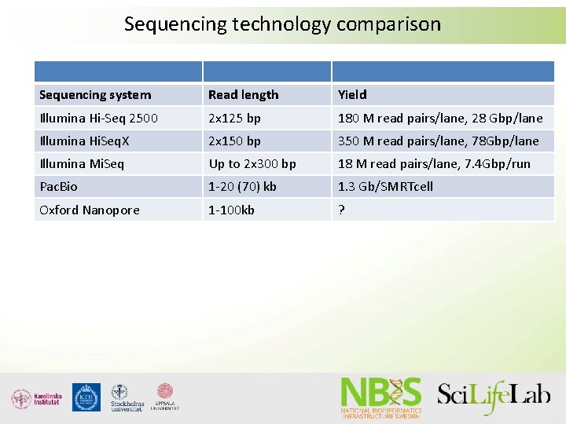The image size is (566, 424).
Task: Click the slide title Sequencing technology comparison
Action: pyautogui.click(x=282, y=24)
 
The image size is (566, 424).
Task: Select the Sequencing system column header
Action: pyautogui.click(x=95, y=95)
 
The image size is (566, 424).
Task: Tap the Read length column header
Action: pyautogui.click(x=243, y=95)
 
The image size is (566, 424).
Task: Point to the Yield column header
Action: pyautogui.click(x=352, y=95)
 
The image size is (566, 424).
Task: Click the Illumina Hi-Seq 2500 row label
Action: pyautogui.click(x=98, y=119)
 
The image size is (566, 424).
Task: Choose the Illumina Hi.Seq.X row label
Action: pyautogui.click(x=90, y=141)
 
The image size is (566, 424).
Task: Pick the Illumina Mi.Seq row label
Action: pyautogui.click(x=82, y=164)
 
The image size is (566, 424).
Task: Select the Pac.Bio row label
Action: pyautogui.click(x=58, y=187)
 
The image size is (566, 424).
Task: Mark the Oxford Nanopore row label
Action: pyautogui.click(x=89, y=210)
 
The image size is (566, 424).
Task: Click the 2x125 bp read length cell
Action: pyautogui.click(x=234, y=119)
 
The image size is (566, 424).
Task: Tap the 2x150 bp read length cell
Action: pyautogui.click(x=234, y=141)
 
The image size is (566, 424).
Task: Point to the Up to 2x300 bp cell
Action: pyautogui.click(x=252, y=164)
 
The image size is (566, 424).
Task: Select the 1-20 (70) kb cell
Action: pyautogui.click(x=243, y=187)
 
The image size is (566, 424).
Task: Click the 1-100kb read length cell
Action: pyautogui.click(x=231, y=210)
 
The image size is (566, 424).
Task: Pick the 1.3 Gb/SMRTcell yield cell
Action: pyautogui.click(x=385, y=187)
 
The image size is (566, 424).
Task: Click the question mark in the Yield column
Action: pyautogui.click(x=341, y=210)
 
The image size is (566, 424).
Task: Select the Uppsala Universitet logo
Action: pyautogui.click(x=165, y=397)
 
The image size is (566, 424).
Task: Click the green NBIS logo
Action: pyautogui.click(x=381, y=397)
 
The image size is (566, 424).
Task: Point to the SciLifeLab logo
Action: pyautogui.click(x=494, y=396)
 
